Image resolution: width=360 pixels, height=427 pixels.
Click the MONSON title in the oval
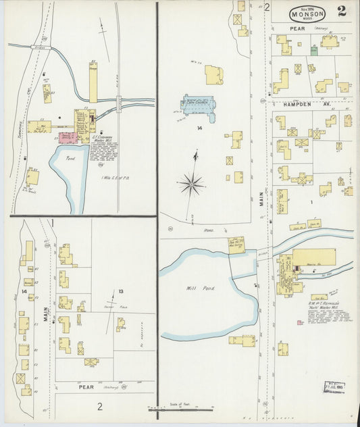[x=308, y=13]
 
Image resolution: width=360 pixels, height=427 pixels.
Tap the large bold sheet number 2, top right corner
[x=344, y=11]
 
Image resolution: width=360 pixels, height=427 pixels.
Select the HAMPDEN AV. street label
[x=292, y=105]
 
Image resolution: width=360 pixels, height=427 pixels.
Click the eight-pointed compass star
[x=192, y=183]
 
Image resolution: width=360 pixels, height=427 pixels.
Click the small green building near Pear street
[x=314, y=50]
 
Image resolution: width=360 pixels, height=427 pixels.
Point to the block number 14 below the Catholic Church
[x=200, y=128]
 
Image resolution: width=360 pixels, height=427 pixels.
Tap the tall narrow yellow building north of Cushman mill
[x=93, y=82]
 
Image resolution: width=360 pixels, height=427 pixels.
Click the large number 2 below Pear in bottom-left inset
[x=99, y=406]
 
